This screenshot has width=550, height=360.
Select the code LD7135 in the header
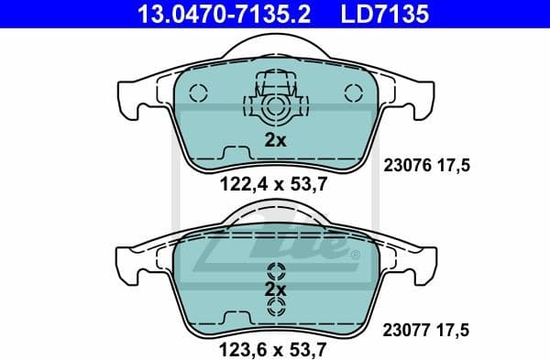pyautogui.click(x=383, y=14)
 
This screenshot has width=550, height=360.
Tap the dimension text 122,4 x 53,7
pyautogui.click(x=273, y=183)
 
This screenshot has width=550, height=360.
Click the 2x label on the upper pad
pyautogui.click(x=275, y=141)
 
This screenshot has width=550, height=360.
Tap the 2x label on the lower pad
pyautogui.click(x=275, y=289)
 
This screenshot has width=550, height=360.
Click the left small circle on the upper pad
pyautogui.click(x=203, y=93)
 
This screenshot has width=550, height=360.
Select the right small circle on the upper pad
pyautogui.click(x=350, y=93)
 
